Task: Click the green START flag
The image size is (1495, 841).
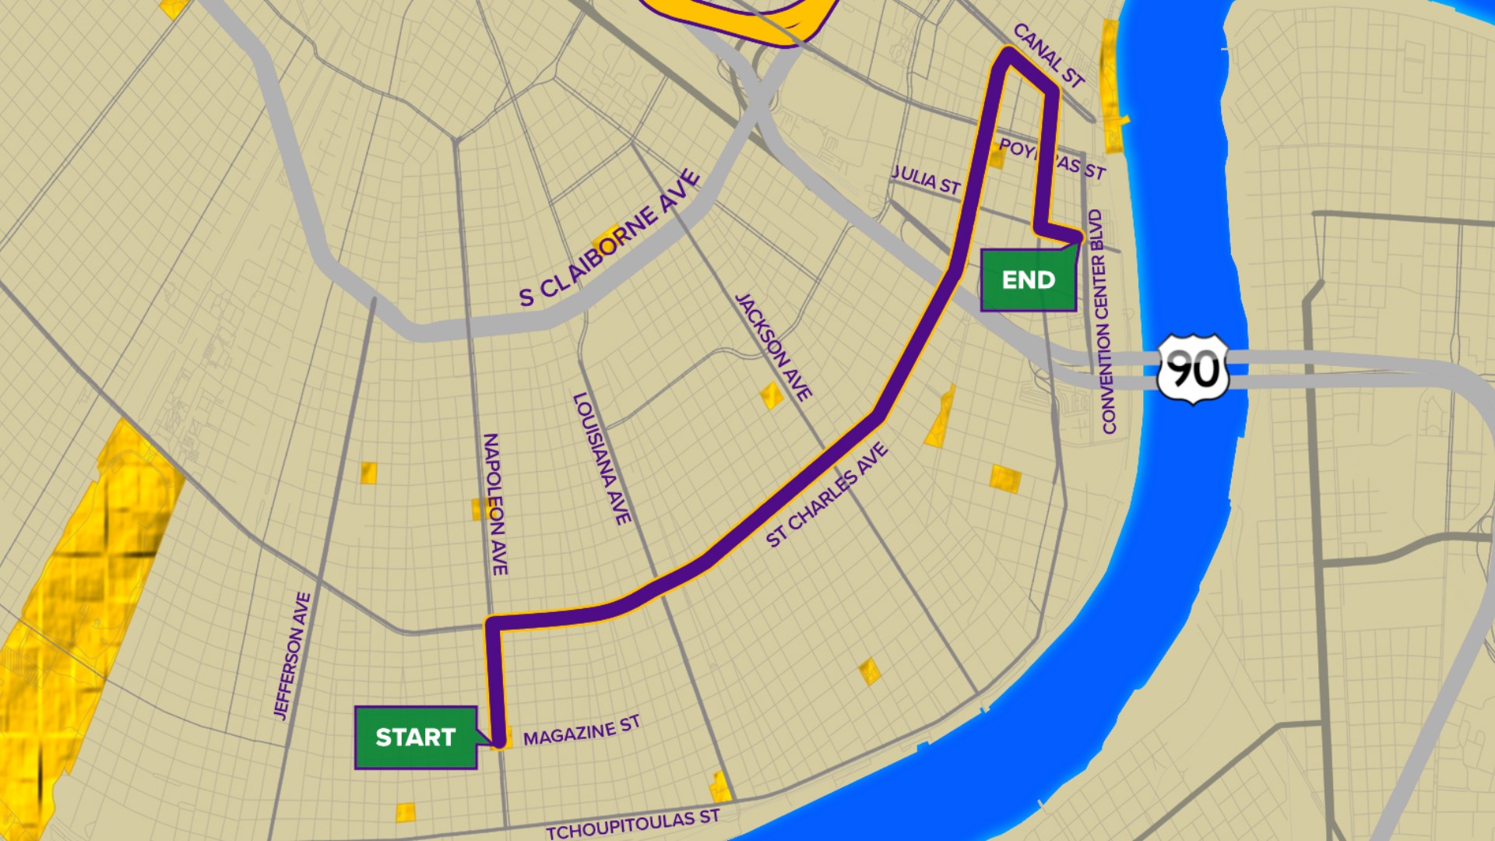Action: point(415,737)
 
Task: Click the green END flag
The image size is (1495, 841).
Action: point(1028,280)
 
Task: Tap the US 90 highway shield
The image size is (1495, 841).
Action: point(1192,369)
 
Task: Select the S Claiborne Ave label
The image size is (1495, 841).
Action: point(610,239)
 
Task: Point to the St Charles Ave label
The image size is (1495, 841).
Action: point(826,495)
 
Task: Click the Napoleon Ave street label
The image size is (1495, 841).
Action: point(495,504)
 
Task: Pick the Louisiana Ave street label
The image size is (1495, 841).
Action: point(601,458)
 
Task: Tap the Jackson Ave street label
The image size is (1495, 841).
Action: point(774,347)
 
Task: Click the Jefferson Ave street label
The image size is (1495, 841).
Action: point(292,655)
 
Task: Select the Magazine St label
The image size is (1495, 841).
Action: point(581,730)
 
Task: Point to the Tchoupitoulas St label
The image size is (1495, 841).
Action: point(632,824)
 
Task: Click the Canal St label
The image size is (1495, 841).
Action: point(1048,55)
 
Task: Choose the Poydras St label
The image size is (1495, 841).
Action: point(1053,159)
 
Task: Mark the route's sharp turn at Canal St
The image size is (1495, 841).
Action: point(1008,55)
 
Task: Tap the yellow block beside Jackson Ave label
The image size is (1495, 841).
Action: point(771,396)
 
